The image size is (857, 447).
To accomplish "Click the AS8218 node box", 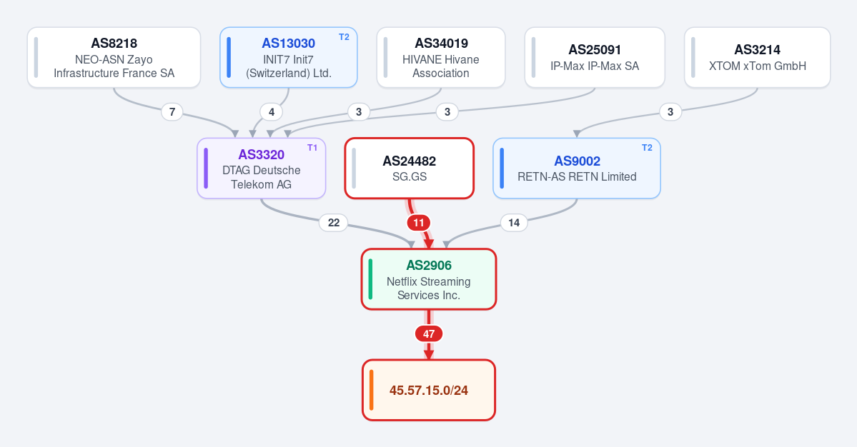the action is pyautogui.click(x=114, y=57).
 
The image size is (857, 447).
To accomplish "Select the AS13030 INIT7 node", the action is pyautogui.click(x=289, y=57).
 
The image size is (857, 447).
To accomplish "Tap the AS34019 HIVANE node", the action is pyautogui.click(x=440, y=57).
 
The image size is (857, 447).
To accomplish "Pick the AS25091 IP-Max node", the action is pyautogui.click(x=595, y=57).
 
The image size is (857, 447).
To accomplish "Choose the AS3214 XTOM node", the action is pyautogui.click(x=757, y=57).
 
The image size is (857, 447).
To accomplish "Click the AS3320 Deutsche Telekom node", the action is pyautogui.click(x=262, y=168).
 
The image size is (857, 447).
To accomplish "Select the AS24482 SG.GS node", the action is pyautogui.click(x=410, y=168).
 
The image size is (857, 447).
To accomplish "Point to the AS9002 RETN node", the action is pyautogui.click(x=577, y=168).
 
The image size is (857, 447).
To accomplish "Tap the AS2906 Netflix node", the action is pyautogui.click(x=429, y=279).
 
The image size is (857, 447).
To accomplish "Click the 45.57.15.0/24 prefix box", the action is pyautogui.click(x=429, y=391).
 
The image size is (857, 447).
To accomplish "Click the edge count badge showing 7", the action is pyautogui.click(x=172, y=112).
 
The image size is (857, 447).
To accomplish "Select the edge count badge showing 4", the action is pyautogui.click(x=272, y=112).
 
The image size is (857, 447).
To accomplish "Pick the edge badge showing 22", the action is pyautogui.click(x=333, y=223).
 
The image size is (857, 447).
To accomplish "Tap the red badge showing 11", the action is pyautogui.click(x=419, y=223).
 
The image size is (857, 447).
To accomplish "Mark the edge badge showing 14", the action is pyautogui.click(x=514, y=223).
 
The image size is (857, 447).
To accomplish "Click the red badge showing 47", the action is pyautogui.click(x=429, y=334).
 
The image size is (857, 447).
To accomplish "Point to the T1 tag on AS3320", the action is pyautogui.click(x=312, y=148).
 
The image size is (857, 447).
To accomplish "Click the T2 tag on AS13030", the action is pyautogui.click(x=344, y=37).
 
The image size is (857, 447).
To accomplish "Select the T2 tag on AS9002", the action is pyautogui.click(x=647, y=148).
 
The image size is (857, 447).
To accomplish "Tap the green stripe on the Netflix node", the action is pyautogui.click(x=370, y=279).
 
